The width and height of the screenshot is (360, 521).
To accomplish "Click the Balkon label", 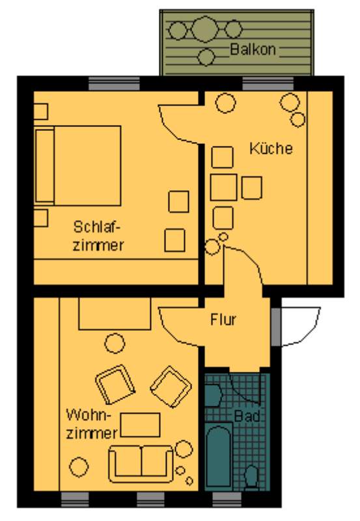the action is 253,49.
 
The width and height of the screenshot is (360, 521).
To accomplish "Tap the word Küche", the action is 271,148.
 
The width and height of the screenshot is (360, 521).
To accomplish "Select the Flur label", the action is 223,319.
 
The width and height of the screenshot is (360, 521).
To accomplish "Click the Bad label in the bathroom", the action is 247,416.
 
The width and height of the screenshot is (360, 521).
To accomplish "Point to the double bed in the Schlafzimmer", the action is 77,165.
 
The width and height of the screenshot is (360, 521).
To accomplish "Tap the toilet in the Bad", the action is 251,477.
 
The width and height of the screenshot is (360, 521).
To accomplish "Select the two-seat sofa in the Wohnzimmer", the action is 141,464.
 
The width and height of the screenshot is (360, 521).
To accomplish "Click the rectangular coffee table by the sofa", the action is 140,425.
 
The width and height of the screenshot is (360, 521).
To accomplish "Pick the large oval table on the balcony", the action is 205,29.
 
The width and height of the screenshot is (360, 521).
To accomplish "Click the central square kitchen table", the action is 223,187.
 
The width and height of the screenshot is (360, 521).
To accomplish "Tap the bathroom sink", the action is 213,395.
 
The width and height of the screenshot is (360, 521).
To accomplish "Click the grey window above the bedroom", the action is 114,83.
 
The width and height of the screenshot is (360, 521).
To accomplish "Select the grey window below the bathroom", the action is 227,500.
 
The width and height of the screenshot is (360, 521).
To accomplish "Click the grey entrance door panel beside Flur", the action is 276,328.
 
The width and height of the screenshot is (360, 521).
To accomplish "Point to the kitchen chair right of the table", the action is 251,188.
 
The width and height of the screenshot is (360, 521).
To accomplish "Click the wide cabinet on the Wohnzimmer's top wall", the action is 115,313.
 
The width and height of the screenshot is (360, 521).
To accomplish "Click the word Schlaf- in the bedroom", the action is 96,227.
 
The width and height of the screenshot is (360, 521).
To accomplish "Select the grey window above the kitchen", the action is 268,83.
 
